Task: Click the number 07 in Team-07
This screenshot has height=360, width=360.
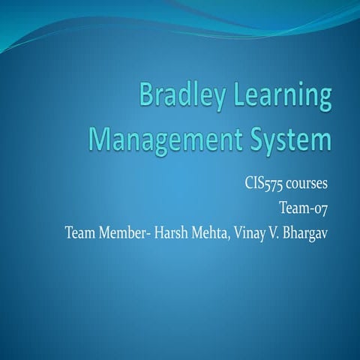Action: [321, 205]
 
